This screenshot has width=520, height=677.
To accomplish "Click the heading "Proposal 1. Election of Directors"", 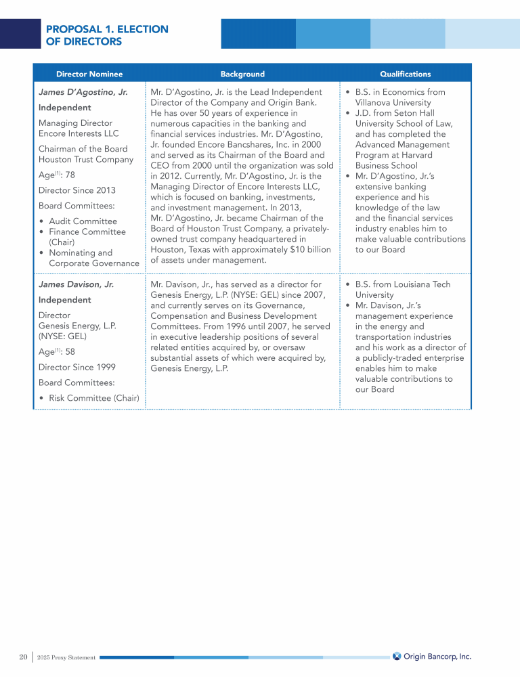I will pos(107,35).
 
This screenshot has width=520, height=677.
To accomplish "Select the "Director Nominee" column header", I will pos(89,74).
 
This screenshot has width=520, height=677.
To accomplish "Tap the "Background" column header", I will pos(242,74).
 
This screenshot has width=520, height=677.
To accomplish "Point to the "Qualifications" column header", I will pos(405,74).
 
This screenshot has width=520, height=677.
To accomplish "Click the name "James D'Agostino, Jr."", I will pos(83,92).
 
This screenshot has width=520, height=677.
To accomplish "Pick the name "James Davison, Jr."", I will pos(76,284).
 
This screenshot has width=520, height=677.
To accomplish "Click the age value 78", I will pos(70,175).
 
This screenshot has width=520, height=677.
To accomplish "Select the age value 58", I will pos(70,352).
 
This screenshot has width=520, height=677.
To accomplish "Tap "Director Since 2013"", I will pos(77,190).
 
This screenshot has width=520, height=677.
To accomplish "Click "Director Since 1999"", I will pos(77,367).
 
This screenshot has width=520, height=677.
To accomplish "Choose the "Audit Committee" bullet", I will pos(83,221).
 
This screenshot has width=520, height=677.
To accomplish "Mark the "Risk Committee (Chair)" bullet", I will pos(93,398).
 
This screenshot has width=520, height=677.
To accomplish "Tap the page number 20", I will pos(23,657).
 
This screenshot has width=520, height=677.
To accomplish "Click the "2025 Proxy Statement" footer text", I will pos(66,657).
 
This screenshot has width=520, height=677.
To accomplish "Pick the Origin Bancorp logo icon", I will pos(397,655).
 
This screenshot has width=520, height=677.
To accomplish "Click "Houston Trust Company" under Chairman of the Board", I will pos(85,159).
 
